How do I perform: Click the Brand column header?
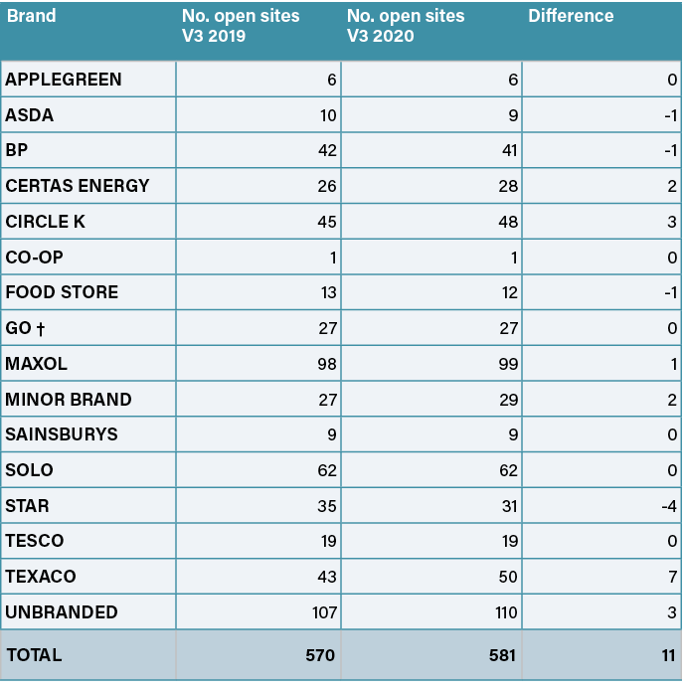pos(31,16)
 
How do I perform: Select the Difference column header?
pos(571,16)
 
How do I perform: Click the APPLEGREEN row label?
pos(64,80)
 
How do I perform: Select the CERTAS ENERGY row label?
pos(78,186)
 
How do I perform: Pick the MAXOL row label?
pos(37,364)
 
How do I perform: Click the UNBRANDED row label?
pos(62,612)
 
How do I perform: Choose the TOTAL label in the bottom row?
pos(35,655)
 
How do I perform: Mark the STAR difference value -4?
pos(670,506)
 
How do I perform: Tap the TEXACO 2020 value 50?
pos(508,577)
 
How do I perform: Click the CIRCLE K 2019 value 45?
pos(327,222)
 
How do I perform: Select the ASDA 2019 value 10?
pos(327,115)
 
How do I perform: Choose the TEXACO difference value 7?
pos(672,577)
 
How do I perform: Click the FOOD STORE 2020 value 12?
pos(508,292)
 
